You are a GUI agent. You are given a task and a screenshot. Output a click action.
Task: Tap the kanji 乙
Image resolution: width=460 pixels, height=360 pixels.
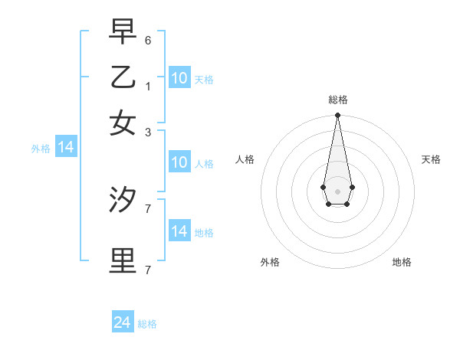123,77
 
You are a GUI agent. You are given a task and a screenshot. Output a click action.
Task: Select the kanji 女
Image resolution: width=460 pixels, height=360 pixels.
123,123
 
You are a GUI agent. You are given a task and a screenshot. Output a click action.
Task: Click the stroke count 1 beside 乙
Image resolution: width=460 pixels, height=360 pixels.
148,86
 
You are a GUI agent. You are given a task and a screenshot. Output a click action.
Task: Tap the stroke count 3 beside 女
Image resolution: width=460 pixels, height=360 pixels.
148,132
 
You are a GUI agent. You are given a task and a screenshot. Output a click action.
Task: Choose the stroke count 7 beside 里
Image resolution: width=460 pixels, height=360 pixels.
148,270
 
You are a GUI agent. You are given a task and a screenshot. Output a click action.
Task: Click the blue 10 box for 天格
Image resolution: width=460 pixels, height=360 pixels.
179,78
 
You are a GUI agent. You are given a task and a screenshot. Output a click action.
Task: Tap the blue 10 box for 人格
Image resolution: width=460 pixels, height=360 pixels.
179,162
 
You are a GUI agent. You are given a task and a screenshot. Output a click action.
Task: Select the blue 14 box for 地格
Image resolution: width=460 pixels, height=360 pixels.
179,231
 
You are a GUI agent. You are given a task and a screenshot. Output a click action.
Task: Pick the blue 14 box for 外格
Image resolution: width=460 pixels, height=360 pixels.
66,148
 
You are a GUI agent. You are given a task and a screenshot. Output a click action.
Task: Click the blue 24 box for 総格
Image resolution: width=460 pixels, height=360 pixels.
123,322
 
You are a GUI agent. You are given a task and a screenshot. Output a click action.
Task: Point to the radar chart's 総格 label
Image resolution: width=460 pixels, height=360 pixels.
338,100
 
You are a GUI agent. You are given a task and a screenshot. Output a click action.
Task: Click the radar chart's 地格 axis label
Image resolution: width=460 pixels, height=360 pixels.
402,263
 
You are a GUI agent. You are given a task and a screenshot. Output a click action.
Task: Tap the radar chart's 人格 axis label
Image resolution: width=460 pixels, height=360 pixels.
245,159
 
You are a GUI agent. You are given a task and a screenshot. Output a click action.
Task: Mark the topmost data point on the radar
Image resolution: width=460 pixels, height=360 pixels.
337,116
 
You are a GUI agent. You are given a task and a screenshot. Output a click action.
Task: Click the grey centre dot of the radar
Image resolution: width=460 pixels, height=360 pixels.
337,191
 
